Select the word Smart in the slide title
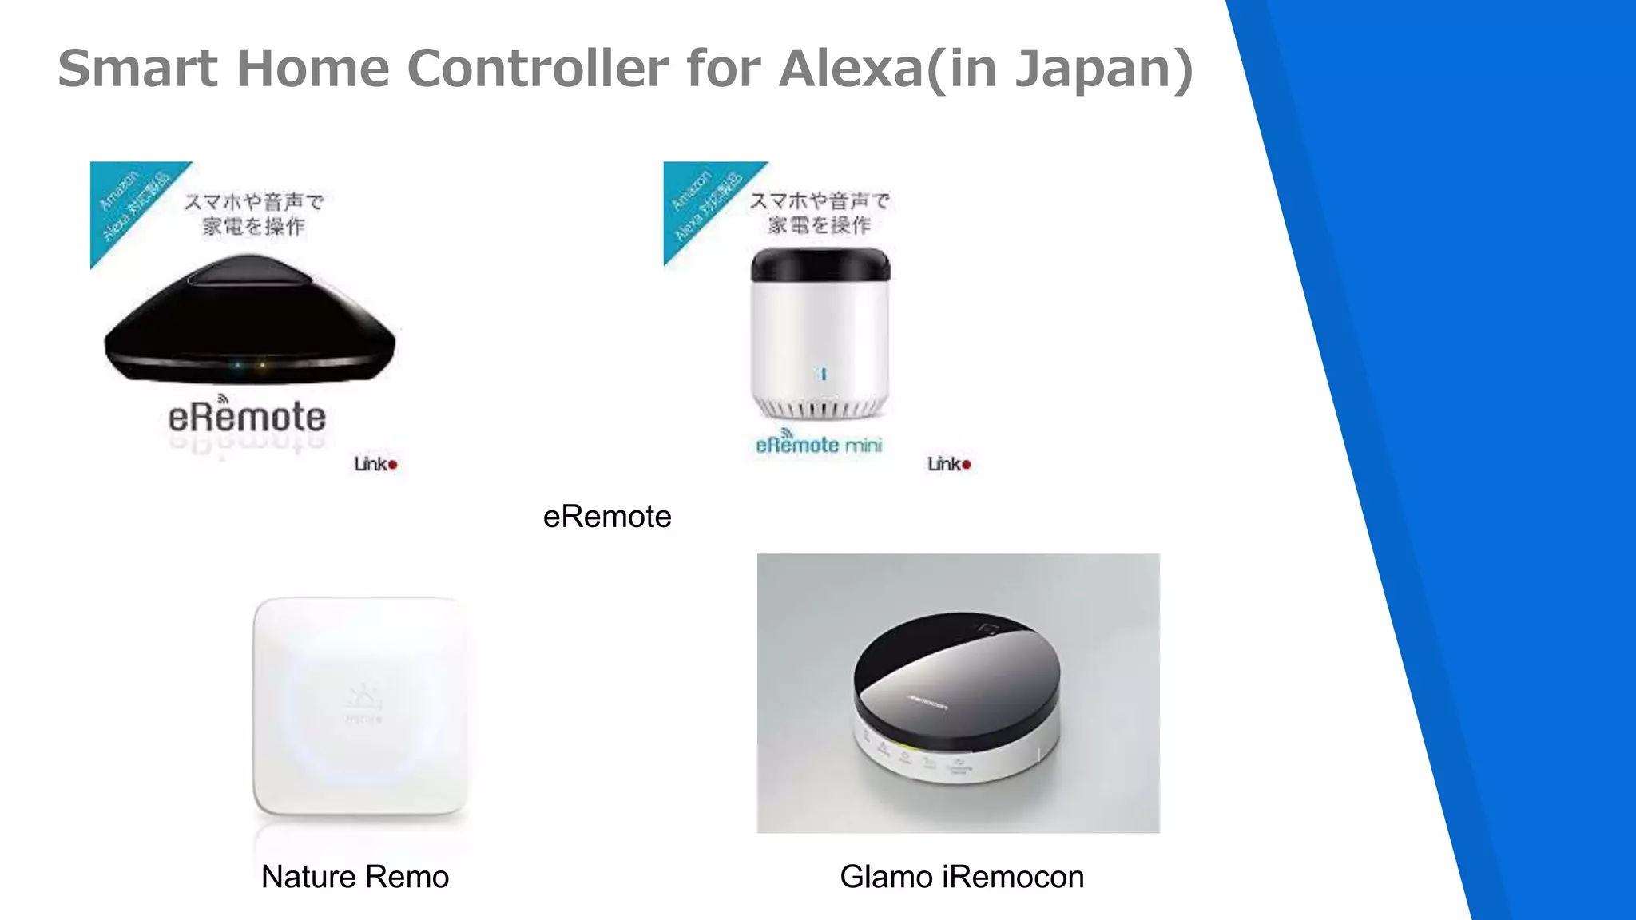pyautogui.click(x=137, y=69)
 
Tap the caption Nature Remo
pyautogui.click(x=355, y=877)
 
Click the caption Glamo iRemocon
pyautogui.click(x=962, y=877)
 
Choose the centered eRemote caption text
pyautogui.click(x=607, y=517)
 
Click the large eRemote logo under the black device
pyautogui.click(x=247, y=417)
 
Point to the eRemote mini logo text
pyautogui.click(x=819, y=444)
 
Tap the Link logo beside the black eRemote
pyautogui.click(x=375, y=464)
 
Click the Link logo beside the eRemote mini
pyautogui.click(x=949, y=464)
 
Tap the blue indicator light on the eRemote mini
pyautogui.click(x=824, y=374)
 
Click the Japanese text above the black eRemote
pyautogui.click(x=253, y=214)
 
